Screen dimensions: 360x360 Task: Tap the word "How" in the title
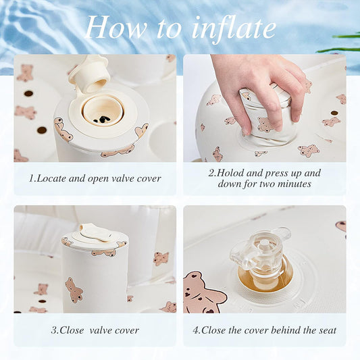coord(116,27)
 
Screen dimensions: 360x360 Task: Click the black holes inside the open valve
coord(102,119)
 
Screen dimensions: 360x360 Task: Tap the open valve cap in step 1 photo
coord(90,74)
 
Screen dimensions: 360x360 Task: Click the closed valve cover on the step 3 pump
coord(95,234)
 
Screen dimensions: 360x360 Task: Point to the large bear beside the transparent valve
coord(202,292)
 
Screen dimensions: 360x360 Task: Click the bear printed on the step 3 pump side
coord(74,290)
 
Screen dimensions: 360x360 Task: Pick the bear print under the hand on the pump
coord(265,125)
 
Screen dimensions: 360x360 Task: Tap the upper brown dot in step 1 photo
coord(28,93)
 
